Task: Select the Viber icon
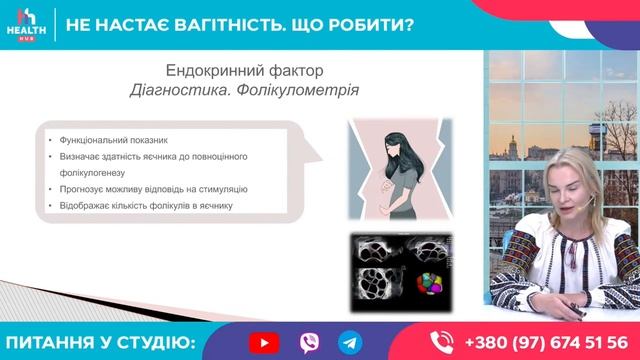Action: point(306,342)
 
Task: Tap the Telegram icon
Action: point(348,342)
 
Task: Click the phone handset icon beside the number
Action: point(442,342)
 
